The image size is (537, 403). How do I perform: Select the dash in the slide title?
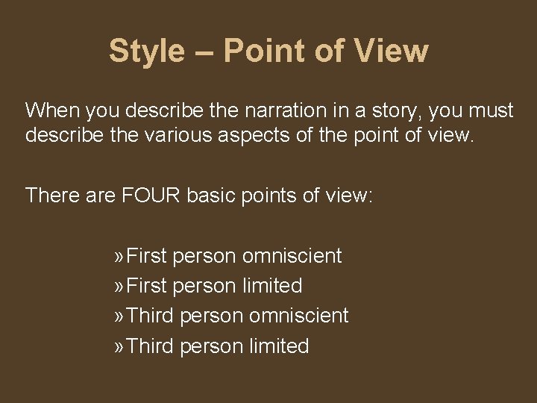point(204,52)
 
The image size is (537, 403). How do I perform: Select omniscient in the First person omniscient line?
point(292,256)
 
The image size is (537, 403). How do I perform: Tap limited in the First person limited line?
point(272,286)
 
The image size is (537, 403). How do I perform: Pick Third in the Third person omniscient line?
point(151,316)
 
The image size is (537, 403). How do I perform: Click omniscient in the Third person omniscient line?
point(299,316)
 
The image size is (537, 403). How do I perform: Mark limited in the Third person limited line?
point(279,346)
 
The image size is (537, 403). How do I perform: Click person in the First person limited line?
point(205,287)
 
